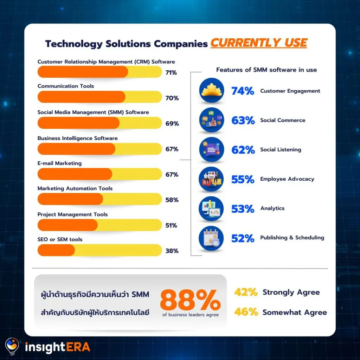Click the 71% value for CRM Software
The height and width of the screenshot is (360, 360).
click(171, 73)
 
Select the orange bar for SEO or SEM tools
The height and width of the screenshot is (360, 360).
click(56, 250)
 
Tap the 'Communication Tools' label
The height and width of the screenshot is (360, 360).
click(66, 86)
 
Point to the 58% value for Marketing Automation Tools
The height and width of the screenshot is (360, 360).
click(172, 200)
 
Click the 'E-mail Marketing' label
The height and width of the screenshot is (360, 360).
click(59, 163)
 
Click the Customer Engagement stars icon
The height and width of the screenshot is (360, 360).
click(211, 91)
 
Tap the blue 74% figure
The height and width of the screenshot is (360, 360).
click(243, 91)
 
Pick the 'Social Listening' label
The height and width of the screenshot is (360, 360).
click(281, 150)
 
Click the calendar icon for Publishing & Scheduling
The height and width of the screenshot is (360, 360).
click(211, 238)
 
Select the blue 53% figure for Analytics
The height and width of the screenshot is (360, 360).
click(243, 209)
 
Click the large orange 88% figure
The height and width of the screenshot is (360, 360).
click(190, 300)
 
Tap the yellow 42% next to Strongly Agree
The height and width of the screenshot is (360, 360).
click(245, 292)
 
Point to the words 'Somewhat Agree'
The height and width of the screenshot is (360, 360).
click(295, 313)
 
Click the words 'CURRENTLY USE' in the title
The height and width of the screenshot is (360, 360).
click(259, 43)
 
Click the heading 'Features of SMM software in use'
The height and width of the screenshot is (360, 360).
click(266, 70)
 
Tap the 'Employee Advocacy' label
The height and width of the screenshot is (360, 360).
click(287, 179)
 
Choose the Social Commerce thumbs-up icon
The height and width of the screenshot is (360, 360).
click(211, 120)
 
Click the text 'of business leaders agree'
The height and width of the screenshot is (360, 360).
click(190, 315)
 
